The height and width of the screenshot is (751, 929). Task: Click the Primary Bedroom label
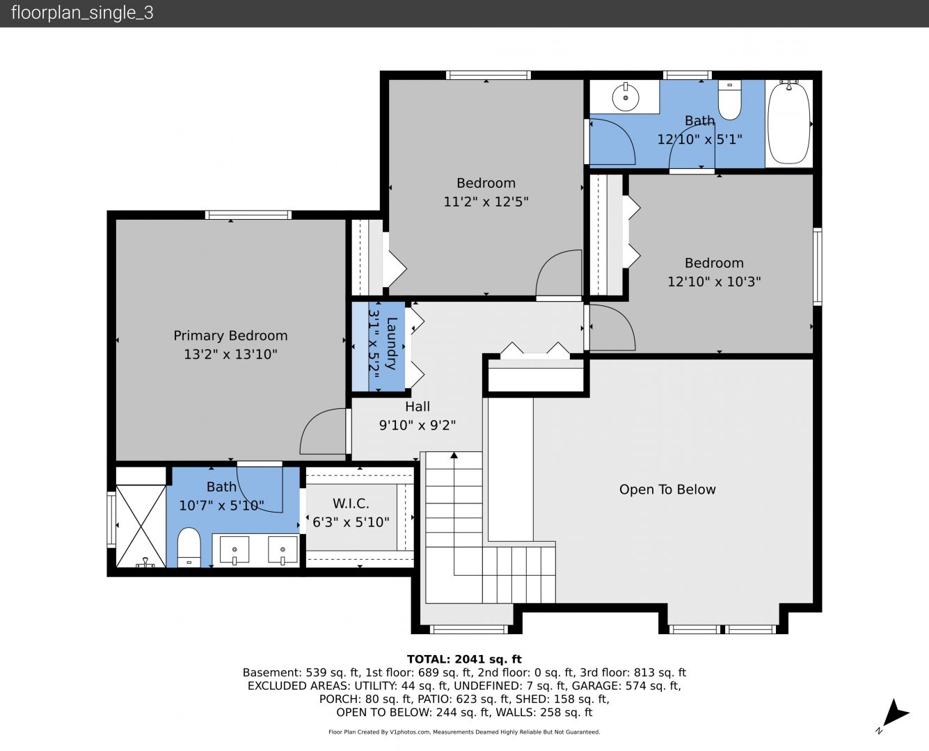pyautogui.click(x=230, y=336)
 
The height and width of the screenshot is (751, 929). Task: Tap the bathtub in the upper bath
pyautogui.click(x=788, y=123)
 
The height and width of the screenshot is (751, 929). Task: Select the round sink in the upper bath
pyautogui.click(x=626, y=97)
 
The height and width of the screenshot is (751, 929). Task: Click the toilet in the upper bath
pyautogui.click(x=729, y=100)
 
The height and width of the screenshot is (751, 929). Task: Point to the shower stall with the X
pyautogui.click(x=141, y=526)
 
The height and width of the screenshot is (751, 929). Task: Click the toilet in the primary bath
pyautogui.click(x=189, y=548)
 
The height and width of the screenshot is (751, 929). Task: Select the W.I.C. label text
pyautogui.click(x=351, y=504)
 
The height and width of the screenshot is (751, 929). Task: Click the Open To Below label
pyautogui.click(x=667, y=490)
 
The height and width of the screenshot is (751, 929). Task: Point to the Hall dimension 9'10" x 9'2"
pyautogui.click(x=418, y=425)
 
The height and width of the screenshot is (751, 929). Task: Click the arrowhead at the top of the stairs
pyautogui.click(x=454, y=455)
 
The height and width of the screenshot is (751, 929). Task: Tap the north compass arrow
pyautogui.click(x=895, y=713)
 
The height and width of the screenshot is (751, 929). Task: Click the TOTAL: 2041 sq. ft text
pyautogui.click(x=464, y=659)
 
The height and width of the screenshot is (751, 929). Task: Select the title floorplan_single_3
pyautogui.click(x=82, y=13)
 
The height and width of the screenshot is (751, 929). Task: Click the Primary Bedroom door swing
pyautogui.click(x=323, y=431)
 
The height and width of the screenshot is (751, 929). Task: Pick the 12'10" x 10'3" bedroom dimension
pyautogui.click(x=714, y=282)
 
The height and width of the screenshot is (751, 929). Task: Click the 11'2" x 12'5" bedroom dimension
pyautogui.click(x=486, y=202)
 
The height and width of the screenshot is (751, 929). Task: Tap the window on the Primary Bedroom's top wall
pyautogui.click(x=248, y=215)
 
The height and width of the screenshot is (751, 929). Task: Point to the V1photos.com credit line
pyautogui.click(x=464, y=732)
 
